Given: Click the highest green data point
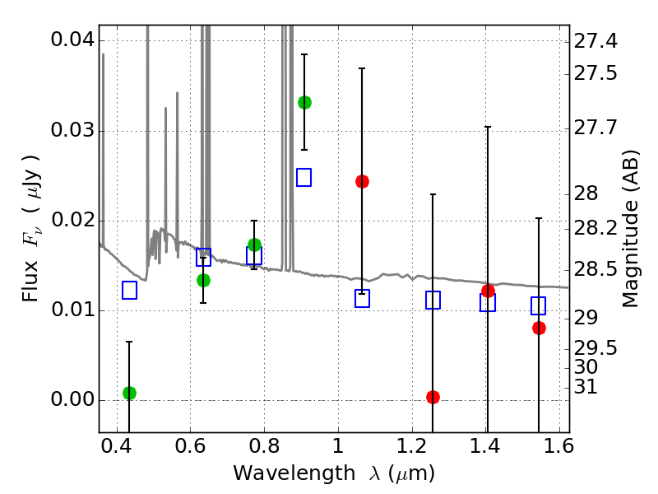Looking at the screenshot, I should point(304,102).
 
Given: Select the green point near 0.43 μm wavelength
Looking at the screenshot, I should point(129,393).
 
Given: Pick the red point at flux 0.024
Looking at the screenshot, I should point(362,181).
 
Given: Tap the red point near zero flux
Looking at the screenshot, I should point(433,397).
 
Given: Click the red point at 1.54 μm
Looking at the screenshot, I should point(539,328).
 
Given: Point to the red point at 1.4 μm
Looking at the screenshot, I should point(488,291).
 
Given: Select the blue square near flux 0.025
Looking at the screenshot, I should point(304,177).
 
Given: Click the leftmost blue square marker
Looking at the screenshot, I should point(129,290).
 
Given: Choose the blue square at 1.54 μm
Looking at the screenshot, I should point(539,306).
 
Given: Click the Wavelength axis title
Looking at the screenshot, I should point(333,473).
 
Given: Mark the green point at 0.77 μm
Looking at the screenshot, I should point(254,245).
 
